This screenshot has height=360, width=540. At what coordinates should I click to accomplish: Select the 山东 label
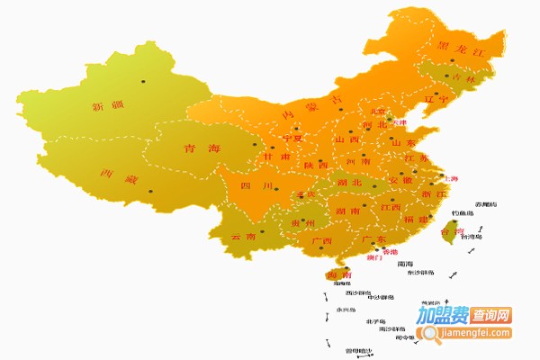(402, 142)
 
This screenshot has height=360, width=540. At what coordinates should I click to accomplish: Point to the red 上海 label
(449, 179)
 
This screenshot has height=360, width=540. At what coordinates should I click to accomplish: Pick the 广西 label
(322, 241)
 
